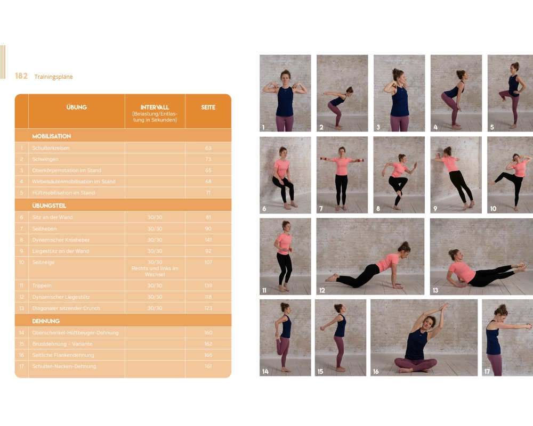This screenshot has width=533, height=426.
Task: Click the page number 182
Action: (x=21, y=76)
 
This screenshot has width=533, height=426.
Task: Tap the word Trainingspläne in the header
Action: (x=53, y=77)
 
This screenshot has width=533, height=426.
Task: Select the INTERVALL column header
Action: (x=155, y=107)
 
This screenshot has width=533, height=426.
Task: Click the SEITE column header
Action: (x=208, y=108)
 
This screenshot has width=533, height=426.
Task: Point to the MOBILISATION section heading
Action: (x=51, y=136)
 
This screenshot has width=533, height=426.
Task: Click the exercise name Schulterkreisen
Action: (x=51, y=148)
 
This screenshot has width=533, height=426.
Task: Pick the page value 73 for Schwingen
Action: (x=208, y=159)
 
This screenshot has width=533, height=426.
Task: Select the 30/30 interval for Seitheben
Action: (x=155, y=228)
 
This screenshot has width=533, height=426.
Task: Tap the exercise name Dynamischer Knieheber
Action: (x=61, y=240)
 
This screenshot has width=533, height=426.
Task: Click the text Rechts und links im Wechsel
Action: (x=155, y=271)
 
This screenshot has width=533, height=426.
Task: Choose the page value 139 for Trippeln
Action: (x=208, y=285)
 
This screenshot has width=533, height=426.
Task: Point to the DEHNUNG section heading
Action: (x=45, y=321)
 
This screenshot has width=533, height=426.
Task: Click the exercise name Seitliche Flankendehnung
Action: (x=63, y=355)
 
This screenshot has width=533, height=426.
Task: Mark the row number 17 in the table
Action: (x=21, y=366)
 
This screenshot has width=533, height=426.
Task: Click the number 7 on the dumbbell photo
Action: (x=321, y=208)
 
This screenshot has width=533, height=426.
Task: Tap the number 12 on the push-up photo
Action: (x=322, y=290)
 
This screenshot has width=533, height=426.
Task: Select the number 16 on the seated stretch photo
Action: (x=376, y=371)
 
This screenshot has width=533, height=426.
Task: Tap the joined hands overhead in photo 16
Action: (x=443, y=308)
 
